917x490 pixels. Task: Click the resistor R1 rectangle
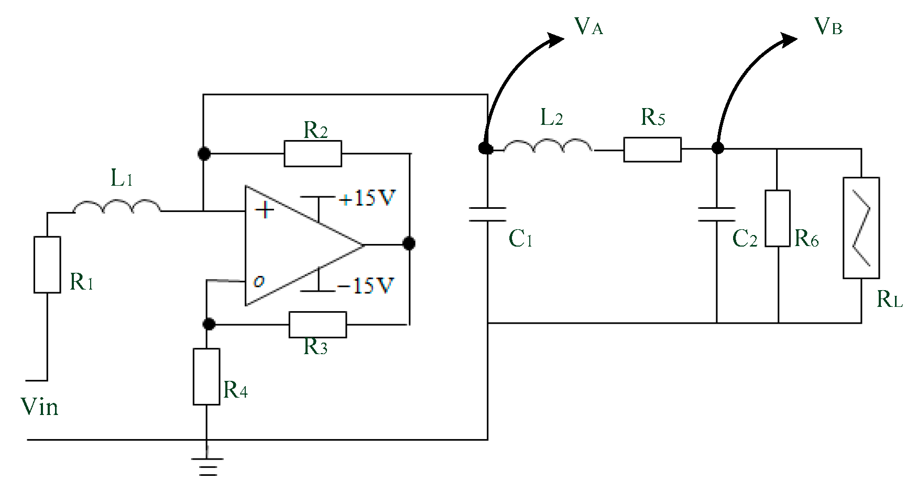point(47,264)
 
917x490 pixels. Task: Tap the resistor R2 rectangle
point(313,154)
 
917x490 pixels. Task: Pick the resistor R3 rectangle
point(318,325)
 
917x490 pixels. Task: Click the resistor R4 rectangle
point(206,377)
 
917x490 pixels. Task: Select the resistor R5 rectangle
point(652,150)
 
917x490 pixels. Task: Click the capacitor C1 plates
point(487,214)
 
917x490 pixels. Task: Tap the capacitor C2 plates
point(717,214)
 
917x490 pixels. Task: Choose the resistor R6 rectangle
point(778,218)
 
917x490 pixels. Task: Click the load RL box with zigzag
point(861,228)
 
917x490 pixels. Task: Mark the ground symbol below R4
point(208,466)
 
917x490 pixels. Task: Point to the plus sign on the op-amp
point(265,210)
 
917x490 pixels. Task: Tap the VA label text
point(588,26)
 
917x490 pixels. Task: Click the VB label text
point(828,26)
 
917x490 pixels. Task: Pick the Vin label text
point(39,407)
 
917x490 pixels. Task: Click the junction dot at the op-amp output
point(409,243)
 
